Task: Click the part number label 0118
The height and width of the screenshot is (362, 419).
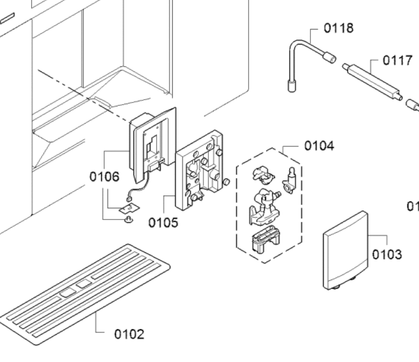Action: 338,28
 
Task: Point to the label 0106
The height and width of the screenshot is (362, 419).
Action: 104,177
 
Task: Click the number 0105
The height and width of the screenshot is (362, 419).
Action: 163,223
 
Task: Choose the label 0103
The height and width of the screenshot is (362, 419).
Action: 386,254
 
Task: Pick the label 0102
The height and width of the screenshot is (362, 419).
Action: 129,334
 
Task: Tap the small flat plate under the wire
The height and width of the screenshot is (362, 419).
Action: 128,207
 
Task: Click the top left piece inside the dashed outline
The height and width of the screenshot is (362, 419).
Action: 262,174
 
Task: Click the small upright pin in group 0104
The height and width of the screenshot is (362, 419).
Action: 290,175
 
